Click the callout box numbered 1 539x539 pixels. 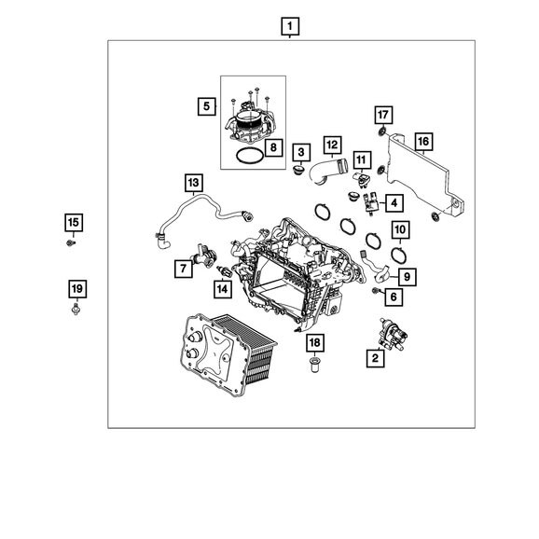click(290, 26)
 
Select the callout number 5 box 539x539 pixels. click(206, 106)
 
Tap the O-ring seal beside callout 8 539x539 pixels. click(250, 156)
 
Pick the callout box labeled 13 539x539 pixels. click(194, 183)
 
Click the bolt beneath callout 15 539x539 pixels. click(71, 243)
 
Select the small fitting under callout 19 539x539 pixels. click(76, 310)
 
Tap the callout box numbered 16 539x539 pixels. click(423, 142)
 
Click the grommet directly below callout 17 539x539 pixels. click(382, 131)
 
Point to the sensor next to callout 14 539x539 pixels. click(224, 271)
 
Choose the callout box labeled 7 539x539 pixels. click(183, 269)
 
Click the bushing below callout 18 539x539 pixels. click(314, 366)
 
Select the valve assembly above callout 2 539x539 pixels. click(392, 334)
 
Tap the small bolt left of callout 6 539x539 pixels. click(376, 291)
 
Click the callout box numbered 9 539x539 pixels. click(407, 277)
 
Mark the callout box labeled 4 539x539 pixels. click(394, 203)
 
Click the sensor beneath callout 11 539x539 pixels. click(361, 179)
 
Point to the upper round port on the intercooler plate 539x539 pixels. click(195, 338)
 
